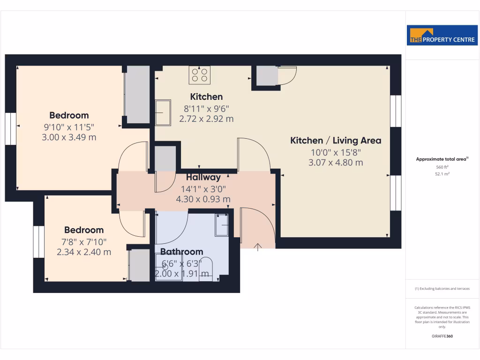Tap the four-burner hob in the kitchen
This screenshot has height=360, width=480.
pyautogui.click(x=199, y=75)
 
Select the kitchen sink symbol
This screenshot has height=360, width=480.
pyautogui.click(x=163, y=112)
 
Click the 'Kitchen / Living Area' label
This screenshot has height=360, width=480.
pyautogui.click(x=336, y=141)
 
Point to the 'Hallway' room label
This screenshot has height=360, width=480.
pyautogui.click(x=203, y=178)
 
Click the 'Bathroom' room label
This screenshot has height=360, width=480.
pyautogui.click(x=181, y=252)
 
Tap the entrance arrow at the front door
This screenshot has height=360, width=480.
pyautogui.click(x=258, y=247)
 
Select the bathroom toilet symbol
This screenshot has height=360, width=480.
pyautogui.click(x=205, y=270)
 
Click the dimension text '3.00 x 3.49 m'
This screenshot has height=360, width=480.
pyautogui.click(x=69, y=137)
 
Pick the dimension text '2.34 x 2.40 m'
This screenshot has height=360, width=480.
pyautogui.click(x=84, y=252)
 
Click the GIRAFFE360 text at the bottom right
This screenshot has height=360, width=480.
pyautogui.click(x=442, y=336)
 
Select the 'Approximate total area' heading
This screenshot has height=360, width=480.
pyautogui.click(x=442, y=159)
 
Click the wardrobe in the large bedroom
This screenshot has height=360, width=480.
pyautogui.click(x=137, y=95)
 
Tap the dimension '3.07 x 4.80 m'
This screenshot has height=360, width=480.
pyautogui.click(x=336, y=163)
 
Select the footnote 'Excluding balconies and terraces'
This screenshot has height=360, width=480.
pyautogui.click(x=442, y=289)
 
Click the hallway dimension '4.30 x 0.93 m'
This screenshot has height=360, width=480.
pyautogui.click(x=203, y=199)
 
